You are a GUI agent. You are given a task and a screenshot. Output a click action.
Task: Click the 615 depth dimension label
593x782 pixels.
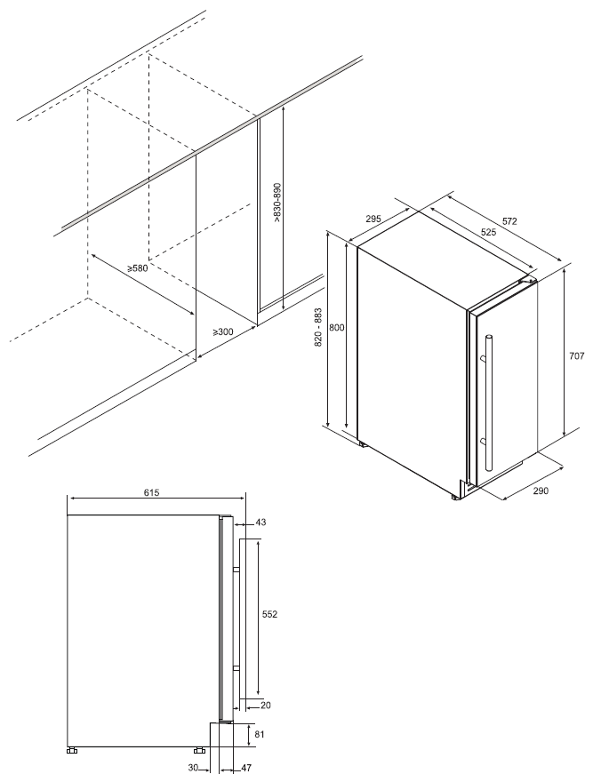click(151, 492)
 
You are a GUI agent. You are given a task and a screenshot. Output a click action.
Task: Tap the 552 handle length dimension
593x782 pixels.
click(269, 614)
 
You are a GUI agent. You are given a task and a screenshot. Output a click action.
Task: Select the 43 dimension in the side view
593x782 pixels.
click(260, 523)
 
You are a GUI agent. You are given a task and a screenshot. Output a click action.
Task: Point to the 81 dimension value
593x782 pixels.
click(260, 734)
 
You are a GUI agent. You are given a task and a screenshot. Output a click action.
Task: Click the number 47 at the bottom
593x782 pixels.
click(246, 768)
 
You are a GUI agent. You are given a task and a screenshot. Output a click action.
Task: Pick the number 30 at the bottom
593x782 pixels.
click(194, 768)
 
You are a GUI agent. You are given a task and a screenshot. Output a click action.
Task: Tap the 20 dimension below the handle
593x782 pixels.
click(266, 706)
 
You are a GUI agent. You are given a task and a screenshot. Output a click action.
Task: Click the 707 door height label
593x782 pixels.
click(576, 356)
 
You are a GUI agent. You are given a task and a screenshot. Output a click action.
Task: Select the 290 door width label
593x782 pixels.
click(541, 491)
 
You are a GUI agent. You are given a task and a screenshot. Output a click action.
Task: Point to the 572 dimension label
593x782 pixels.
click(509, 221)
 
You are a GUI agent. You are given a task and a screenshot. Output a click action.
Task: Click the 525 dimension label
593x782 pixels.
click(488, 232)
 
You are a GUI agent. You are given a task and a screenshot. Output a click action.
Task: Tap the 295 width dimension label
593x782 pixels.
click(373, 219)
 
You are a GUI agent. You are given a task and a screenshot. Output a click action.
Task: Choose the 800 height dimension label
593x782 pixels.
click(338, 328)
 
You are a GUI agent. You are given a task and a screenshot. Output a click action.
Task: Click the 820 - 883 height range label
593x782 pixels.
click(319, 328)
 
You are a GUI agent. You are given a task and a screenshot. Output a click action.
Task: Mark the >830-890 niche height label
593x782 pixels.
click(277, 203)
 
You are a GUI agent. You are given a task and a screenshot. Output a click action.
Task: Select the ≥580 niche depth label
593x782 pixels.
click(137, 268)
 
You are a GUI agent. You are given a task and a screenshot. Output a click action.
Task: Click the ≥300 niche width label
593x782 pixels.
click(223, 331)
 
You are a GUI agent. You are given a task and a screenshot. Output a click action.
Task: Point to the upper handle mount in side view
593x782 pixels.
click(236, 570)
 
